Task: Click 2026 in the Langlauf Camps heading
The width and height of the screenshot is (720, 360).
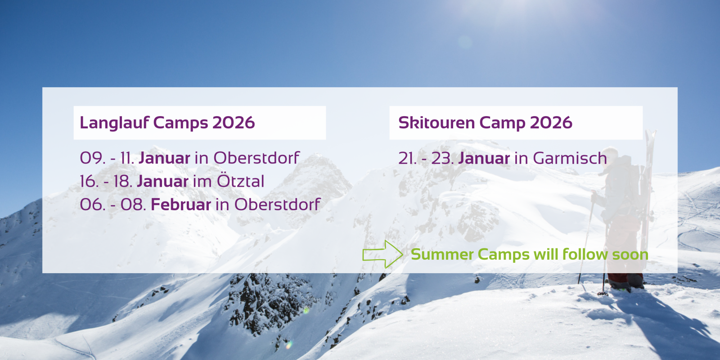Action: pyautogui.click(x=234, y=123)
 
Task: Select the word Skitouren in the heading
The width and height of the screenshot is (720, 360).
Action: pyautogui.click(x=436, y=123)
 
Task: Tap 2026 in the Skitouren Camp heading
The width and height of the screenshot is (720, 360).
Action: pyautogui.click(x=551, y=123)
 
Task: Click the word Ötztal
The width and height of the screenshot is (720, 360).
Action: pyautogui.click(x=241, y=181)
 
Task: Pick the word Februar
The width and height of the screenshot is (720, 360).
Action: pyautogui.click(x=181, y=205)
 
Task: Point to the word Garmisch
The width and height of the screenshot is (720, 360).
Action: pyautogui.click(x=570, y=158)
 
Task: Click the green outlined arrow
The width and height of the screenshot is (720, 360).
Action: pyautogui.click(x=382, y=254)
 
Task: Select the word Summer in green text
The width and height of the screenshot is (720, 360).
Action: pyautogui.click(x=442, y=255)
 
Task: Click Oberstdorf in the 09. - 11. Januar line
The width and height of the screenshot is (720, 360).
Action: pyautogui.click(x=256, y=158)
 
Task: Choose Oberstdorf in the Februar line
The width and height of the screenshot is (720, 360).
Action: pyautogui.click(x=277, y=205)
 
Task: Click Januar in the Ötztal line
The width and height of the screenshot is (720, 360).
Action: pyautogui.click(x=163, y=181)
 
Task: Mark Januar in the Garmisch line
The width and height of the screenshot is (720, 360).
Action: pyautogui.click(x=484, y=158)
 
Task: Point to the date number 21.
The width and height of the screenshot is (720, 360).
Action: pyautogui.click(x=407, y=158)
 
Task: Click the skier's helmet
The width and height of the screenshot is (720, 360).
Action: pyautogui.click(x=610, y=153)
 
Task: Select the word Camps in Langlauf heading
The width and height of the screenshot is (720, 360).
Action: pyautogui.click(x=180, y=123)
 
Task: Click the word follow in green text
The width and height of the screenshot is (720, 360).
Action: pyautogui.click(x=585, y=255)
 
